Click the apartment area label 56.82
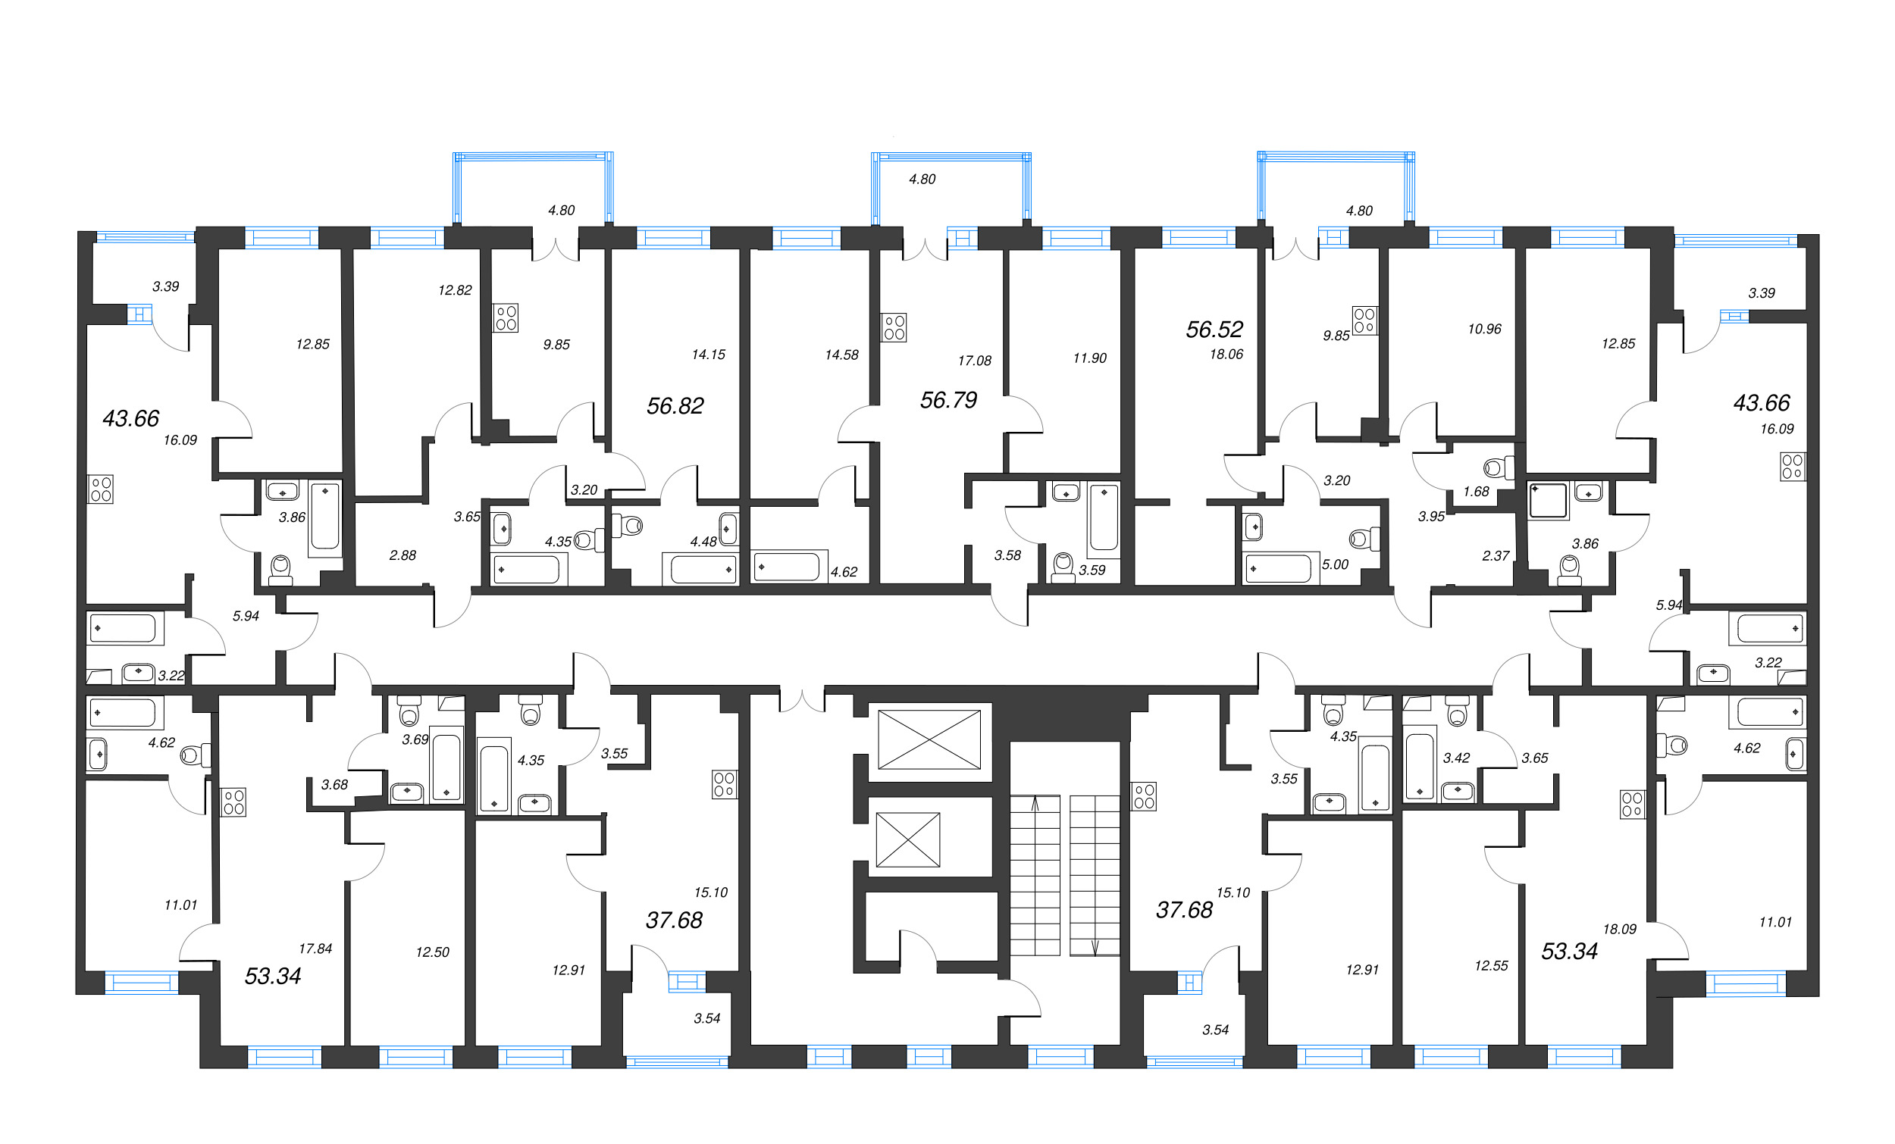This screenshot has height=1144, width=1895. click(x=675, y=406)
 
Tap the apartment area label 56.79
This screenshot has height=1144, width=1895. click(x=948, y=400)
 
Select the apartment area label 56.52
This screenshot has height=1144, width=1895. click(x=1214, y=330)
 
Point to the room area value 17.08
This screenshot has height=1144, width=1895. click(x=975, y=361)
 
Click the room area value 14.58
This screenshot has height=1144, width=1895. click(x=841, y=355)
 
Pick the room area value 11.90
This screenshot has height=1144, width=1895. click(x=1090, y=358)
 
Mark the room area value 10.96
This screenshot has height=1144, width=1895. click(x=1484, y=329)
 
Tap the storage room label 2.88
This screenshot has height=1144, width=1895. click(x=403, y=555)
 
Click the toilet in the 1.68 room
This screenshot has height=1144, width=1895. click(x=1499, y=467)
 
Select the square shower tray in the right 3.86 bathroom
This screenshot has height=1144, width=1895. click(x=1548, y=501)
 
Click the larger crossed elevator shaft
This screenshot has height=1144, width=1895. click(x=929, y=739)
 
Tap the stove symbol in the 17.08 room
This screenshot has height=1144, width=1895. click(x=894, y=327)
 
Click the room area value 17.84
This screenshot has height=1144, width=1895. click(x=315, y=949)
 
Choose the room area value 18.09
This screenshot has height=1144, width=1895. click(x=1620, y=930)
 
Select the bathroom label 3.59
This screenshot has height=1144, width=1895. click(x=1092, y=570)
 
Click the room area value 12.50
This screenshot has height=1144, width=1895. click(x=432, y=952)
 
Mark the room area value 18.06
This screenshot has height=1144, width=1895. click(x=1226, y=355)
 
